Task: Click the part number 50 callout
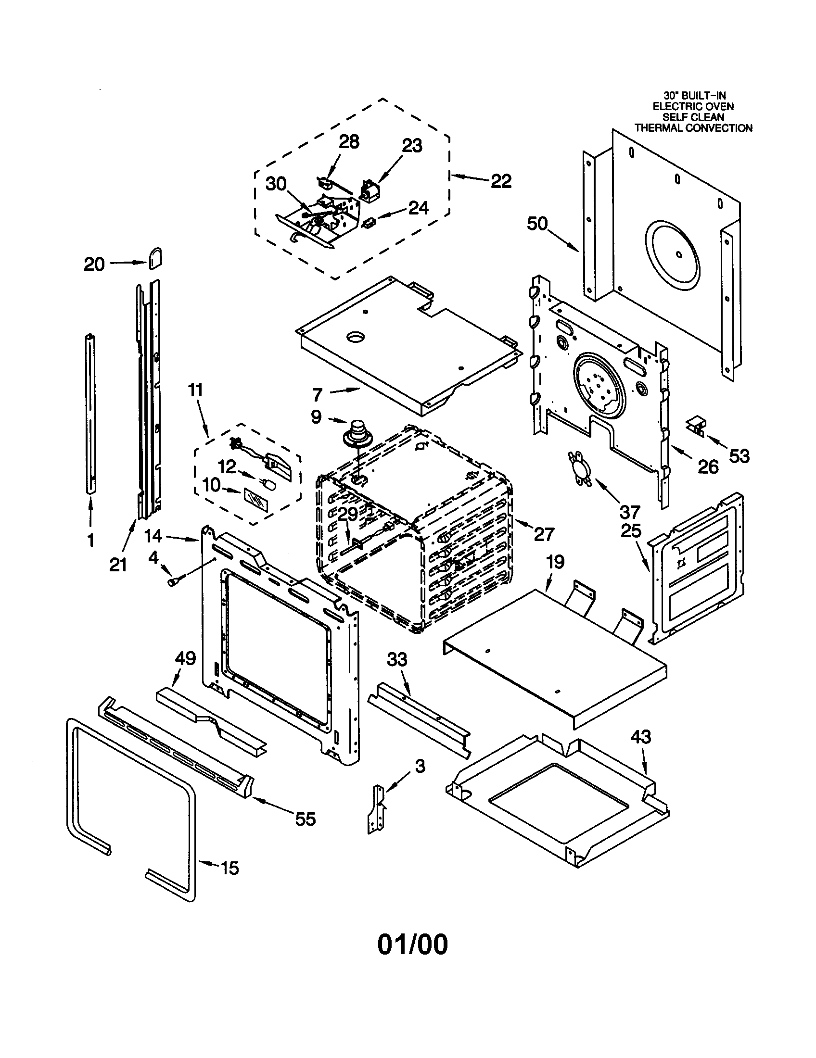tap(537, 224)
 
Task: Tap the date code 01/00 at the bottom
tap(412, 944)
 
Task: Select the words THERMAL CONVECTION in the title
tap(693, 128)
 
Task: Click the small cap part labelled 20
tap(155, 259)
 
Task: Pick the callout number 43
tap(640, 737)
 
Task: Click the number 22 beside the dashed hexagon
tap(501, 181)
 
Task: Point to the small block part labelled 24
tap(370, 223)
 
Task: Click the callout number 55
tap(305, 819)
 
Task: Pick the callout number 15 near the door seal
tap(229, 868)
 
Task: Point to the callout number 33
tap(397, 659)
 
